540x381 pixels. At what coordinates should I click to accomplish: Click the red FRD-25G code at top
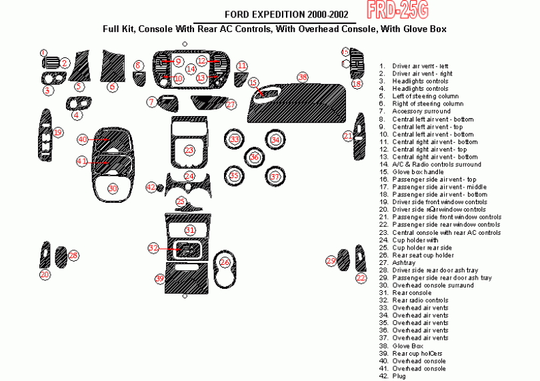[x=397, y=9]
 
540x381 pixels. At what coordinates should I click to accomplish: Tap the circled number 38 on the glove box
[x=303, y=77]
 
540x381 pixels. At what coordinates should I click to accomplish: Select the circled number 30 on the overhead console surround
[x=113, y=189]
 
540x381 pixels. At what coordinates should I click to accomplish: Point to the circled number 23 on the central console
[x=189, y=151]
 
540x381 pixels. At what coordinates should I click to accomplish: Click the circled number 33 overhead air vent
[x=235, y=139]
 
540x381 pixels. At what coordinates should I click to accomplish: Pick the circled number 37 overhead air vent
[x=275, y=177]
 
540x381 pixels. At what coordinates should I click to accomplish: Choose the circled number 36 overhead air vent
[x=255, y=157]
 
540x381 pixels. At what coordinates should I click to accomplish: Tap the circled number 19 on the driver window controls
[x=58, y=133]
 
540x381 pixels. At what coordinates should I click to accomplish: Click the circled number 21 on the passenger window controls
[x=348, y=136]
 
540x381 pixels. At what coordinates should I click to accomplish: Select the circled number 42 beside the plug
[x=151, y=187]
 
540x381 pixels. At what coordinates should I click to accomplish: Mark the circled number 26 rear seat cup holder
[x=225, y=263]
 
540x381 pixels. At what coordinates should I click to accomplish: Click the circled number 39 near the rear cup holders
[x=159, y=278]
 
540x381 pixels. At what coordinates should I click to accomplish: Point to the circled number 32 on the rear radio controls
[x=153, y=248]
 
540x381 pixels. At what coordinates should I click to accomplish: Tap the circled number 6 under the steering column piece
[x=113, y=87]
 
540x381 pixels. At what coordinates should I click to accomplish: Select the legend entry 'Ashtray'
[x=403, y=262]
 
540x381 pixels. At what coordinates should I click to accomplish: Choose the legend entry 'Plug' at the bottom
[x=398, y=376]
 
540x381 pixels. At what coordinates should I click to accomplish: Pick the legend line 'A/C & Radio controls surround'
[x=436, y=164]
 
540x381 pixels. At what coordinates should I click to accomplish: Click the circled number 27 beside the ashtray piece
[x=231, y=105]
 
